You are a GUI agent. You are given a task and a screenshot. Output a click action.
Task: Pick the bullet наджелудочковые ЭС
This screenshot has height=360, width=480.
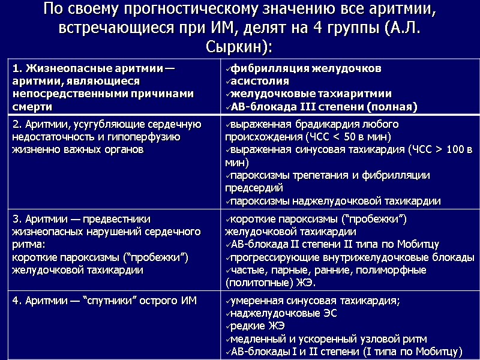tap(284, 313)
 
